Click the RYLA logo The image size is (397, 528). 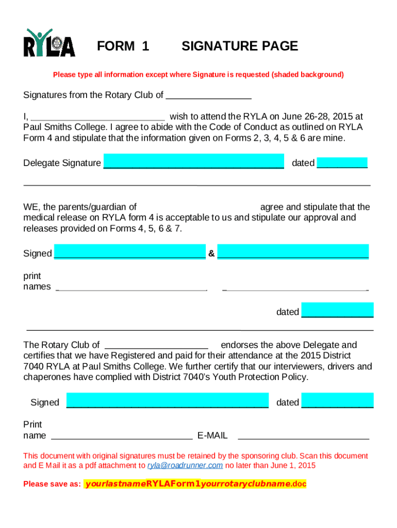49,43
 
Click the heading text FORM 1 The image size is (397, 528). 123,46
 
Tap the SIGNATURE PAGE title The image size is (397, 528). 239,46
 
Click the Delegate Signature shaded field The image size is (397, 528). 193,161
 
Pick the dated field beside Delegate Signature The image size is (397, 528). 342,162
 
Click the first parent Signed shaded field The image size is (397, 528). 129,252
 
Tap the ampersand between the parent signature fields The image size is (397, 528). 211,253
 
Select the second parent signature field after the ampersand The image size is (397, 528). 293,251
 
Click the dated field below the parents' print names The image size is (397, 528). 337,310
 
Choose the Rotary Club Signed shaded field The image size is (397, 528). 168,401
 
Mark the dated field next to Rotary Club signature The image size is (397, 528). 337,401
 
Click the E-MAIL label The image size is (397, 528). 212,436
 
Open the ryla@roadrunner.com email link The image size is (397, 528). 185,465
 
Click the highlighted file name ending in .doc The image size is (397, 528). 195,484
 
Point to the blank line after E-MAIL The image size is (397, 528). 303,436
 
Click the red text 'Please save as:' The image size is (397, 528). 52,484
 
